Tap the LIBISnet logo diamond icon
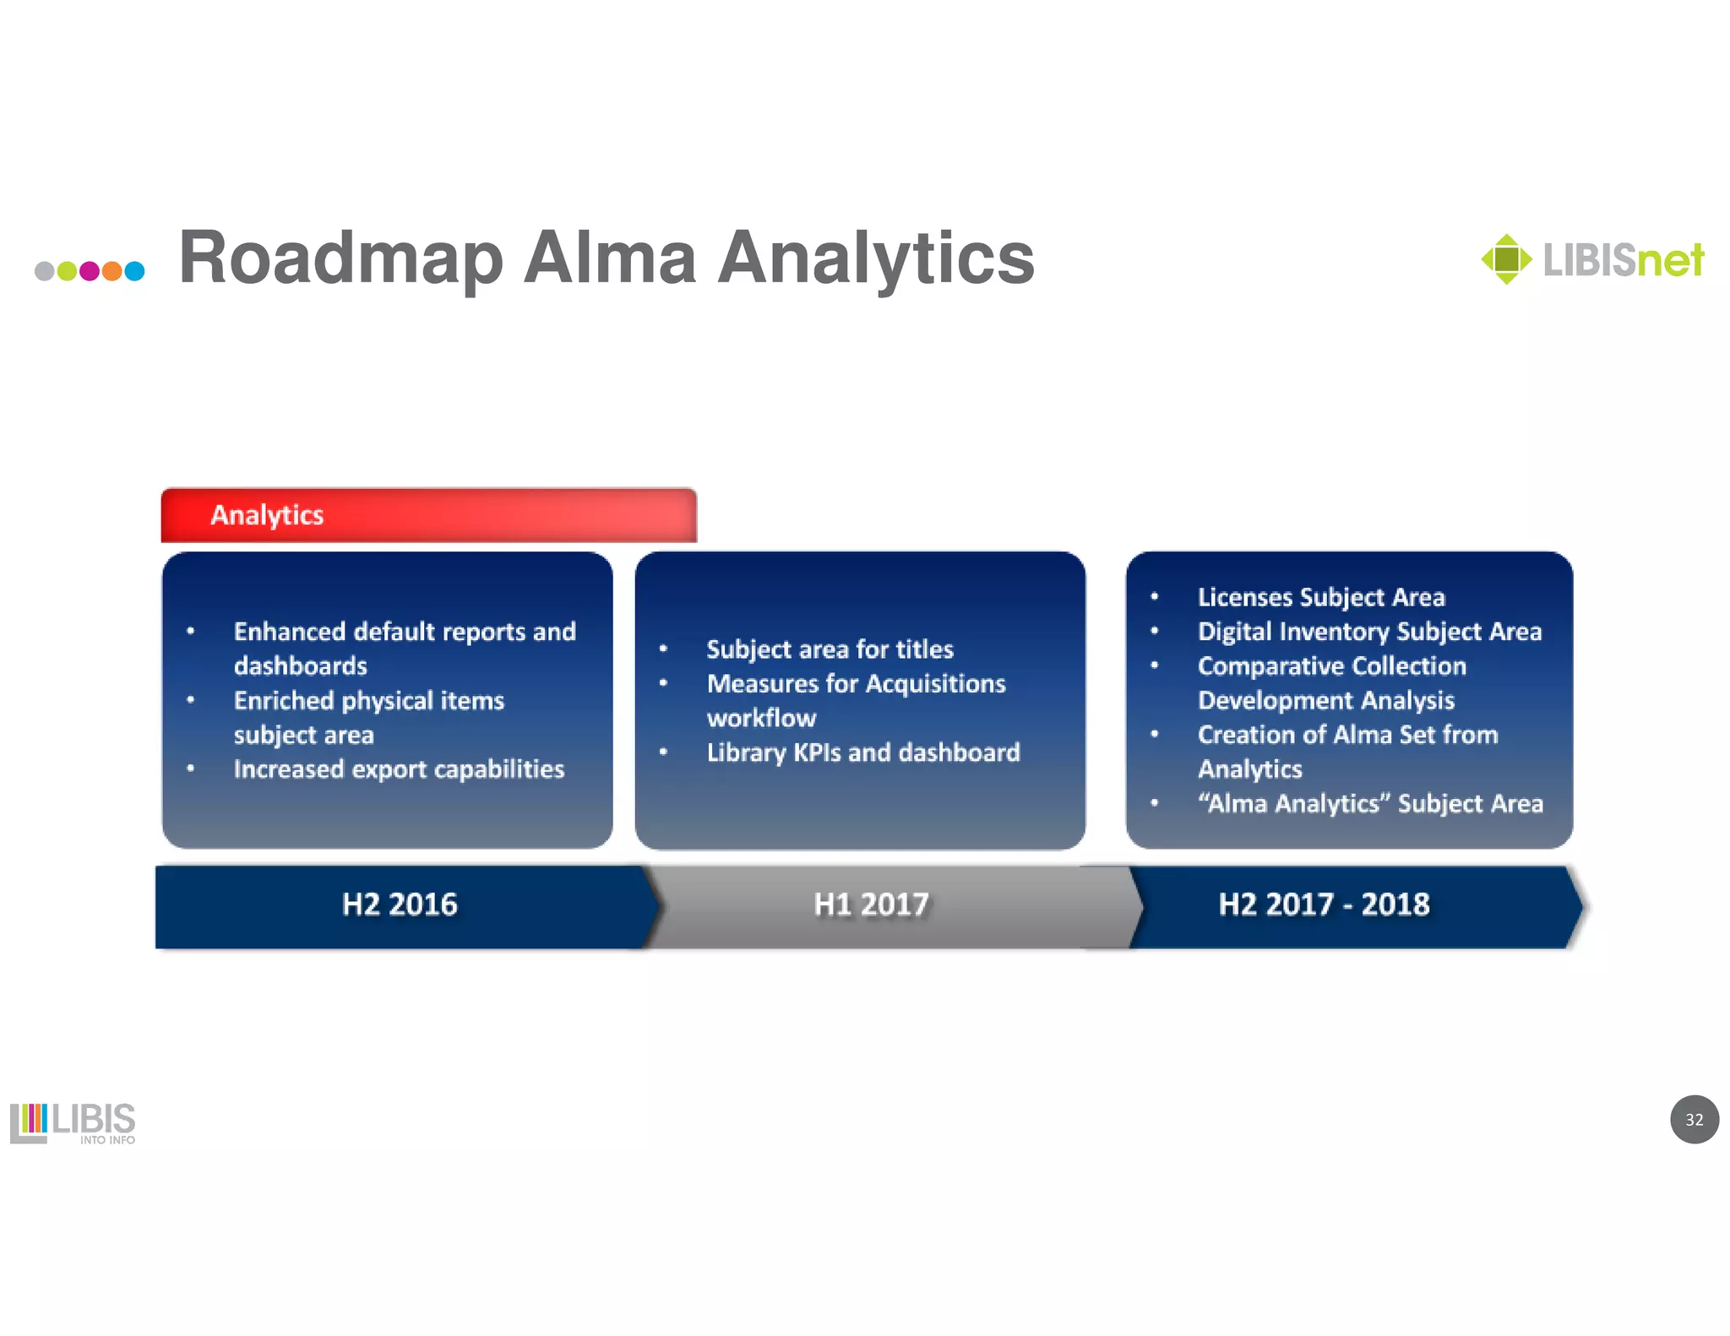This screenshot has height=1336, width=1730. (x=1506, y=258)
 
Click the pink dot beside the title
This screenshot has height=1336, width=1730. (x=89, y=271)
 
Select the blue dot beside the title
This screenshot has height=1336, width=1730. (x=134, y=271)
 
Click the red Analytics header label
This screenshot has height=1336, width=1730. (x=267, y=515)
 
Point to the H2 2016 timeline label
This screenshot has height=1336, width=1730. (x=400, y=904)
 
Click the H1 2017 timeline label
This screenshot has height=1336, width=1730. (x=871, y=904)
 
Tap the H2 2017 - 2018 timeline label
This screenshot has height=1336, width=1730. (x=1324, y=904)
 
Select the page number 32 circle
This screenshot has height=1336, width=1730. (x=1694, y=1119)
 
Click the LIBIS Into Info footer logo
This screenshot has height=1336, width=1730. (x=73, y=1122)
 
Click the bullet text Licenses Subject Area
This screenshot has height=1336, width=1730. (x=1321, y=597)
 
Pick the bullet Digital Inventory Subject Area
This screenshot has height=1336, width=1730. (x=1369, y=632)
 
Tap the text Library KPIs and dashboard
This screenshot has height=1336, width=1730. (x=862, y=752)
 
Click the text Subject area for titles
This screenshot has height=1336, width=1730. (x=830, y=649)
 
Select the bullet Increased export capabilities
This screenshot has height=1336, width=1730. (x=399, y=769)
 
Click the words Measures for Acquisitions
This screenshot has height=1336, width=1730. (x=856, y=683)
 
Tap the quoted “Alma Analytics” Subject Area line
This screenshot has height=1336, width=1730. (x=1370, y=803)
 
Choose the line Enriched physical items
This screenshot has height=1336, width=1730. (x=368, y=701)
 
